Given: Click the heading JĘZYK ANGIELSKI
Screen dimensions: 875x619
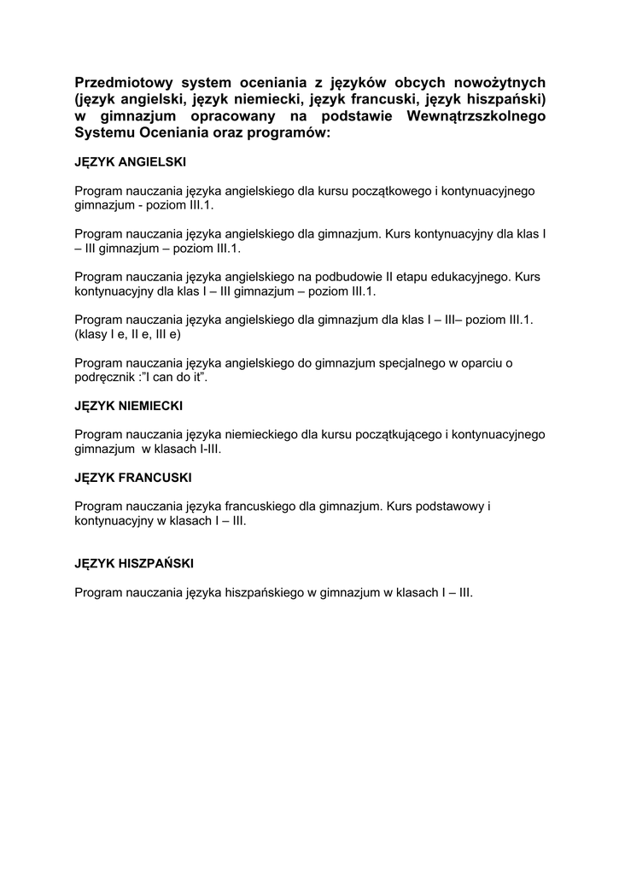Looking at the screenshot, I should point(130,161).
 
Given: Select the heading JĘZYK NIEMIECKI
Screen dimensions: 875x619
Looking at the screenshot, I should point(128,405).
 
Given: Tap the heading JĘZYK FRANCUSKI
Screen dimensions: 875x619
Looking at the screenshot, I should point(132,477).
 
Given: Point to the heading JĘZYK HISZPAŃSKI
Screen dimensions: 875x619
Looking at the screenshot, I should point(134,563).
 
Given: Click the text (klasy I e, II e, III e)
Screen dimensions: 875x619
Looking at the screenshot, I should point(128,334).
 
